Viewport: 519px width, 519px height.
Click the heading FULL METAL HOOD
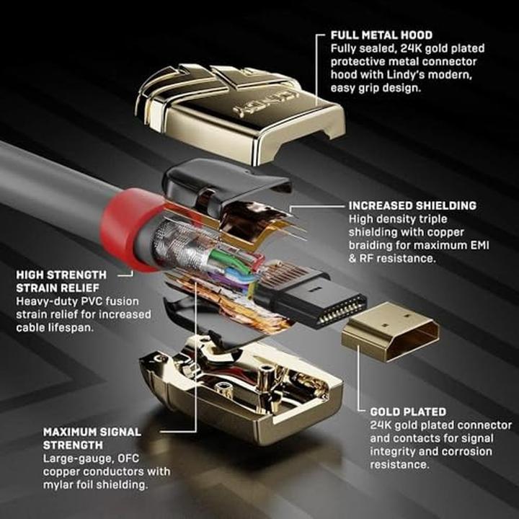(x=381, y=35)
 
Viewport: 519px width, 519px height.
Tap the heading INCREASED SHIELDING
(x=412, y=205)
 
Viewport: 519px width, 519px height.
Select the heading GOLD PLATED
(x=408, y=412)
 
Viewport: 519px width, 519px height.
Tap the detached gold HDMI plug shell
(x=391, y=332)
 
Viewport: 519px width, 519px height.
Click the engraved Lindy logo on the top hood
(x=265, y=104)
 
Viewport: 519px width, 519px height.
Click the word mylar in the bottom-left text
(x=58, y=485)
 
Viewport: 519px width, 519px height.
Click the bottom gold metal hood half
(x=241, y=391)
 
